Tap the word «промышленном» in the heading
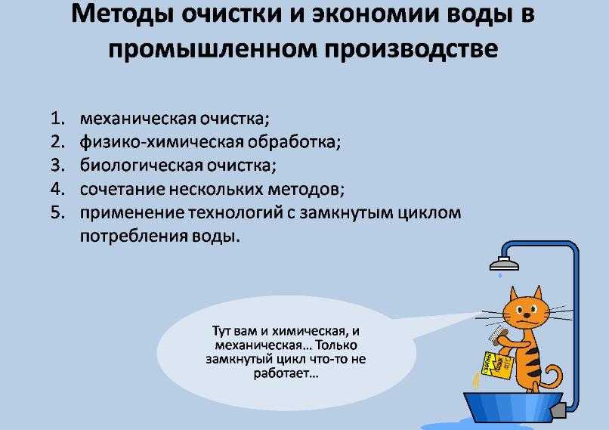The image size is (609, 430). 212,50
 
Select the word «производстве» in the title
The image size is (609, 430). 411,50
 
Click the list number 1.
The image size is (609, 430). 57,118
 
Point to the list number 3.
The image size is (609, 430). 57,165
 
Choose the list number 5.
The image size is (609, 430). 57,212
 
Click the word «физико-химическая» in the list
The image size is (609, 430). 162,142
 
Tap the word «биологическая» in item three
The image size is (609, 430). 141,166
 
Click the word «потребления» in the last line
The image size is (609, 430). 134,237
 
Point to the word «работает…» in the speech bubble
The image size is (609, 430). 286,373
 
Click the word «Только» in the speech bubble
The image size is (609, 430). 335,345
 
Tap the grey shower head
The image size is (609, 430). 504,264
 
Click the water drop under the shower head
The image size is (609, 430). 500,275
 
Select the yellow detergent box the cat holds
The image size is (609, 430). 497,365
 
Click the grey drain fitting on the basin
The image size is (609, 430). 558,410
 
